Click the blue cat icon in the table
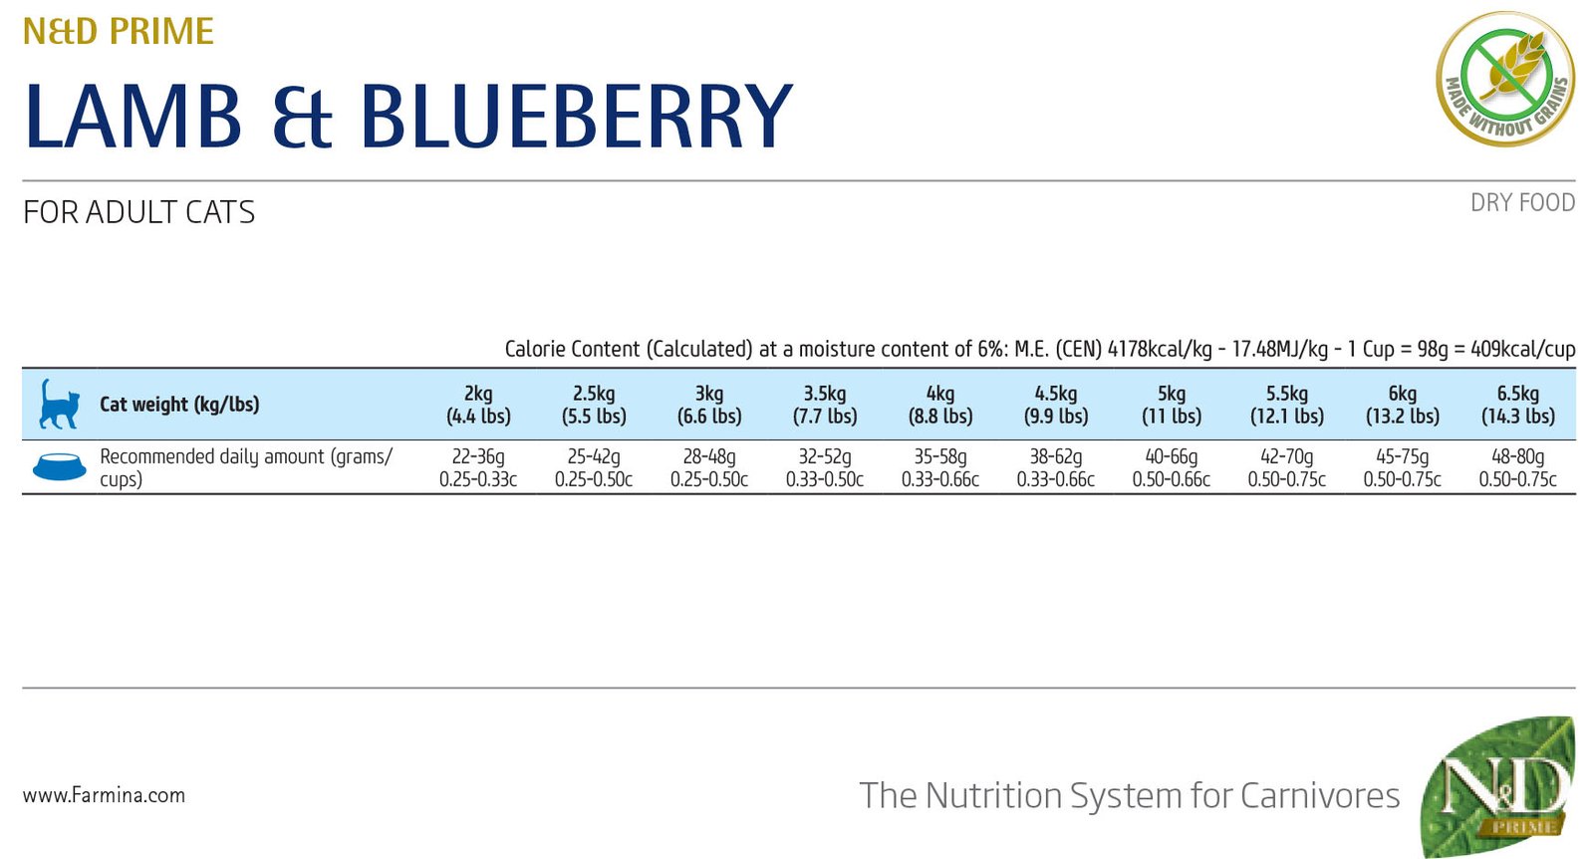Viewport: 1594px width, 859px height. point(59,404)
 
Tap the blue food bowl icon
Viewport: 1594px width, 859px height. point(59,466)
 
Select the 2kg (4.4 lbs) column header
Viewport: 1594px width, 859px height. point(478,405)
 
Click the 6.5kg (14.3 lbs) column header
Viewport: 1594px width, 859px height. point(1517,405)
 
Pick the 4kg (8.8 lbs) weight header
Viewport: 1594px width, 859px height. point(939,405)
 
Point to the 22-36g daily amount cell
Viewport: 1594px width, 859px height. point(478,467)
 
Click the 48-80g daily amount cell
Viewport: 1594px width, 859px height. point(1517,467)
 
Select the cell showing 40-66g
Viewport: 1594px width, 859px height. point(1171,467)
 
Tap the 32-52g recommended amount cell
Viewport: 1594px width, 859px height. point(824,467)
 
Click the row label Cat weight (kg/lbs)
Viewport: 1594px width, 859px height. point(179,405)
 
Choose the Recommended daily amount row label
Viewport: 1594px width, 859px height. point(245,467)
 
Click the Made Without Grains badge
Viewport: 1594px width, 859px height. point(1504,79)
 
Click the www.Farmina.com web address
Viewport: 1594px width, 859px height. point(104,795)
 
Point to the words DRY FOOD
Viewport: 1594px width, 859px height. point(1522,202)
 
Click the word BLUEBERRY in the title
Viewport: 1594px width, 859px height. point(576,117)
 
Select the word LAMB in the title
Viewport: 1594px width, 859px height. point(133,117)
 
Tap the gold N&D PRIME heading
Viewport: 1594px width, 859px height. point(118,32)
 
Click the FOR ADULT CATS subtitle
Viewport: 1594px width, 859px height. point(138,212)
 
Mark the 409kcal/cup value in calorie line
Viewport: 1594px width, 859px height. point(1522,349)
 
